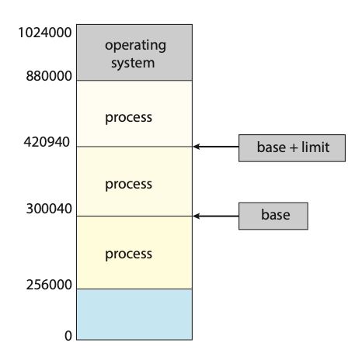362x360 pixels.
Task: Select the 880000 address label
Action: [48, 78]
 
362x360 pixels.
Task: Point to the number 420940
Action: [48, 143]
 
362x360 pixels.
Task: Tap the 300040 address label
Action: [48, 210]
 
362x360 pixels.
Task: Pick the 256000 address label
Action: [48, 285]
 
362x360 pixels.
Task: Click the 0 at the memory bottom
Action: [68, 336]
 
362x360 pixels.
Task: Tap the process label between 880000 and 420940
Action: [129, 118]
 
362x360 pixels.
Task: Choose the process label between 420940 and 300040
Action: [129, 185]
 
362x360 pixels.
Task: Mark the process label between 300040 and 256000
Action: [129, 254]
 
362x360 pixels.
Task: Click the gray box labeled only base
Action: [273, 216]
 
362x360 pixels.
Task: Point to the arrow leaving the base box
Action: [218, 216]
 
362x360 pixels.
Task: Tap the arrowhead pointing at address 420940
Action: [197, 146]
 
